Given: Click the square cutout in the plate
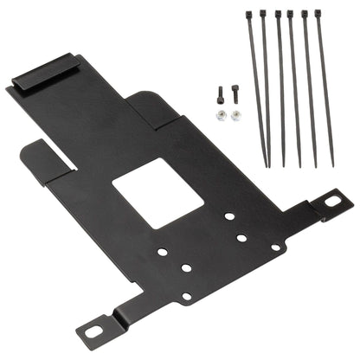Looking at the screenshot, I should [x=157, y=192].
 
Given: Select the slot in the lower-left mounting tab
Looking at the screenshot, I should [x=93, y=330].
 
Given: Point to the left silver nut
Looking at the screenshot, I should [x=221, y=115].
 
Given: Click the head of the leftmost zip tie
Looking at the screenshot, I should [x=249, y=14].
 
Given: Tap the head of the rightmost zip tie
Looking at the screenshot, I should [x=318, y=13].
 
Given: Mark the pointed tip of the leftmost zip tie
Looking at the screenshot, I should [x=265, y=164].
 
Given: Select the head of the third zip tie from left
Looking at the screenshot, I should [x=278, y=14].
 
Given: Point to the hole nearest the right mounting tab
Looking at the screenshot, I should [x=275, y=247].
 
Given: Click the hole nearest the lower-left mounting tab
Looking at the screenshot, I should [x=185, y=297].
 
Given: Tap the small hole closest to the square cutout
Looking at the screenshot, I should [x=228, y=216].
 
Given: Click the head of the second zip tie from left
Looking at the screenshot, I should [x=263, y=13].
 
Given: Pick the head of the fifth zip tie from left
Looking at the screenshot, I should [x=304, y=13].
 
